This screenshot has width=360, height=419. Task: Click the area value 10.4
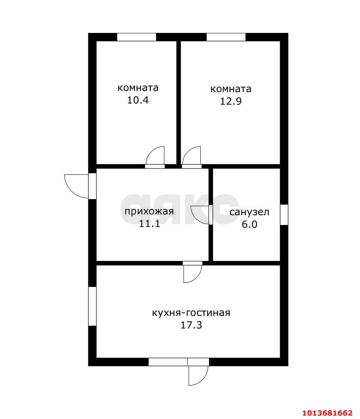point(138,100)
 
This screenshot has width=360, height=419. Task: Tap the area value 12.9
point(231,101)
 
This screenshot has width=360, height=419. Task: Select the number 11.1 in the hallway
point(149,223)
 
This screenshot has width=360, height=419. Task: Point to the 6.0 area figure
point(249,224)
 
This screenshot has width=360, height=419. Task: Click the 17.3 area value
point(191,325)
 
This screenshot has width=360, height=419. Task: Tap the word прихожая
point(149,211)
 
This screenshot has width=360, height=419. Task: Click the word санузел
point(249,212)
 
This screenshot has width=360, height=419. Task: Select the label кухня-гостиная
point(191,313)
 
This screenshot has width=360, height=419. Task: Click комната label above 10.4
point(138,88)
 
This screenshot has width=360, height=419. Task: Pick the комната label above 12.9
point(231,89)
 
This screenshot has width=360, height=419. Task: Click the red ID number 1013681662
point(328,413)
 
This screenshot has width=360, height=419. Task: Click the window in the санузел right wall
point(284,214)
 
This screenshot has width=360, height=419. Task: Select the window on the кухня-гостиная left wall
point(92,306)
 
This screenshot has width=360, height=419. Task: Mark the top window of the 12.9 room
point(226,37)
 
